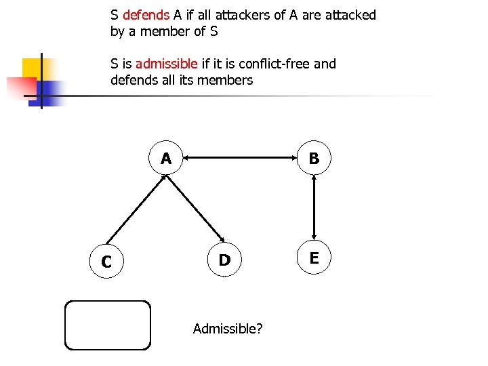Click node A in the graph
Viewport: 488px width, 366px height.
pyautogui.click(x=166, y=159)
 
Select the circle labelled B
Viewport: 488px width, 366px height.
pyautogui.click(x=314, y=158)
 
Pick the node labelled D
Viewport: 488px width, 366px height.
pyautogui.click(x=224, y=260)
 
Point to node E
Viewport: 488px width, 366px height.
pyautogui.click(x=314, y=258)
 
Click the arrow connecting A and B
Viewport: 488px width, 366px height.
pyautogui.click(x=240, y=159)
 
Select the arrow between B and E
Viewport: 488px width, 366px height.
pyautogui.click(x=314, y=208)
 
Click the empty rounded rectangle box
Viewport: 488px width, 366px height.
pyautogui.click(x=107, y=325)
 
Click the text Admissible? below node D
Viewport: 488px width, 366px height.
pyautogui.click(x=228, y=329)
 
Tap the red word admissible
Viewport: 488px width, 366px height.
pyautogui.click(x=167, y=64)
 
